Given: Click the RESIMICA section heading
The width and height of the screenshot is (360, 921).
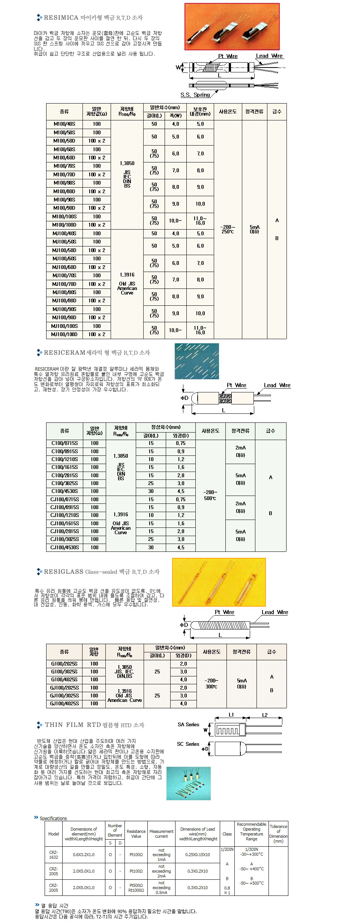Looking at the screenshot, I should [93, 18].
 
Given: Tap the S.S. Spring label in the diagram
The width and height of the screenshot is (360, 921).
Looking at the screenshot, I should [195, 95].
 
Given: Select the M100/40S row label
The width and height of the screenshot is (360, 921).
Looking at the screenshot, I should [64, 124].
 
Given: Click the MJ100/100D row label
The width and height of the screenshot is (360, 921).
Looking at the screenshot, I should [64, 335].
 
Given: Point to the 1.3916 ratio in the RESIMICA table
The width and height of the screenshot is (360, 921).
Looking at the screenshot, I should [127, 275].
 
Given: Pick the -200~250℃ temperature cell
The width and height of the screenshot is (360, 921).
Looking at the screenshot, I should [228, 230].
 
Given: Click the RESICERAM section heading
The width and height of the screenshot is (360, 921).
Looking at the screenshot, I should [97, 353].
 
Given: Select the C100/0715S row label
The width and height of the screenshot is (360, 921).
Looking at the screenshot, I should [64, 443].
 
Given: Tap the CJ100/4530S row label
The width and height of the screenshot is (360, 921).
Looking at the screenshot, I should [64, 548].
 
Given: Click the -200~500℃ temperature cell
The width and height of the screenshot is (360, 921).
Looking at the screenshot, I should [210, 495].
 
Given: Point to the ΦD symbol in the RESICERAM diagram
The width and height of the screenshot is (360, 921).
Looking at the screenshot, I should [184, 398].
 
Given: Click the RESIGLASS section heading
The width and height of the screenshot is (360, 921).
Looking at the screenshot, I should [102, 572].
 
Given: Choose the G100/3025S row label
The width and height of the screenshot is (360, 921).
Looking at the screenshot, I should [64, 672].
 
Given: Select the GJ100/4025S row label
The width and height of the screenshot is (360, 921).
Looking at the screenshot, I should [64, 704].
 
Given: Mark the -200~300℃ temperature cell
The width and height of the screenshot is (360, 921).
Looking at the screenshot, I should [211, 684].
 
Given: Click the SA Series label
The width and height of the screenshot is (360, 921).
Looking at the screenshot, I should [188, 725].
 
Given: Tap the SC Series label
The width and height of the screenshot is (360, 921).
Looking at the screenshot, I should [188, 744].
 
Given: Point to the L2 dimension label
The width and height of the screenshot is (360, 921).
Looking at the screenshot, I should [265, 715].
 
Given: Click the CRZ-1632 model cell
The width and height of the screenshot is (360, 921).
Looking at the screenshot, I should [54, 855].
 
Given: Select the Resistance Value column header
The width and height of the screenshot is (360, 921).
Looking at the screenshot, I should [136, 834].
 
